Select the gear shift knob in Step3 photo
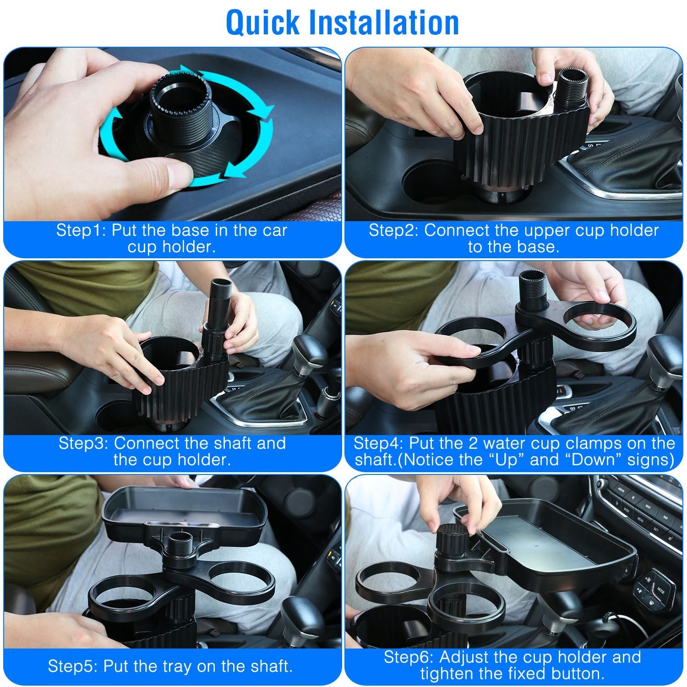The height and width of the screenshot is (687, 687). (308, 348)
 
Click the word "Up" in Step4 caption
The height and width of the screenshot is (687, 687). (508, 460)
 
